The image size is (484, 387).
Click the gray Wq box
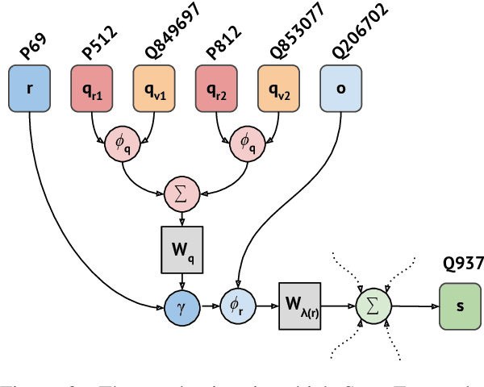[x=181, y=248]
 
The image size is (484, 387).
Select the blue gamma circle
[x=181, y=306]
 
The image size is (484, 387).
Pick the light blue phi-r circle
[x=237, y=306]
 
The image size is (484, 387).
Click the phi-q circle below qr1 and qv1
[x=123, y=144]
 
